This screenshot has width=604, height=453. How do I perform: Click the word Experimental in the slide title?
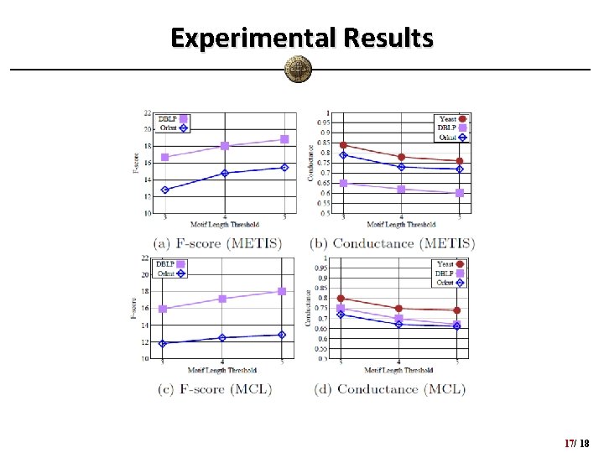(x=248, y=38)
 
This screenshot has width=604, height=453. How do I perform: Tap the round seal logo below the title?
(x=298, y=69)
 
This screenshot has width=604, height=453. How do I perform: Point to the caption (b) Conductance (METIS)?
(x=393, y=243)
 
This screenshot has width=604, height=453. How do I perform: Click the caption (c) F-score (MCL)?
(x=216, y=388)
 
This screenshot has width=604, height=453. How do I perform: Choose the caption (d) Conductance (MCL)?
(x=389, y=388)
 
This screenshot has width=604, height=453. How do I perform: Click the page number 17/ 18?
(x=577, y=442)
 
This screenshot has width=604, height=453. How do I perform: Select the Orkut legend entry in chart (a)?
(x=174, y=128)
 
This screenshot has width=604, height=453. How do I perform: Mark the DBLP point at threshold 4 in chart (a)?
(x=225, y=146)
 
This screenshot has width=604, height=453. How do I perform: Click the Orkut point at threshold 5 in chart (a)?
(x=284, y=168)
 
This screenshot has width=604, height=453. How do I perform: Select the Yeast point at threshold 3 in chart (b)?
(x=343, y=145)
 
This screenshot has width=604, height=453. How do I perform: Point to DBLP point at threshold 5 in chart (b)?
(x=460, y=193)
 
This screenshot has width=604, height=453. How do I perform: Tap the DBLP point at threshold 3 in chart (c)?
(x=163, y=309)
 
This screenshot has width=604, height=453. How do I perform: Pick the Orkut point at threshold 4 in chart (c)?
(x=222, y=338)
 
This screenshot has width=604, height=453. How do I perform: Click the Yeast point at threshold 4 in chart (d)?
(x=398, y=309)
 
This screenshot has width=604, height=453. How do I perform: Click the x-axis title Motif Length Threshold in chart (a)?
(x=224, y=225)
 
